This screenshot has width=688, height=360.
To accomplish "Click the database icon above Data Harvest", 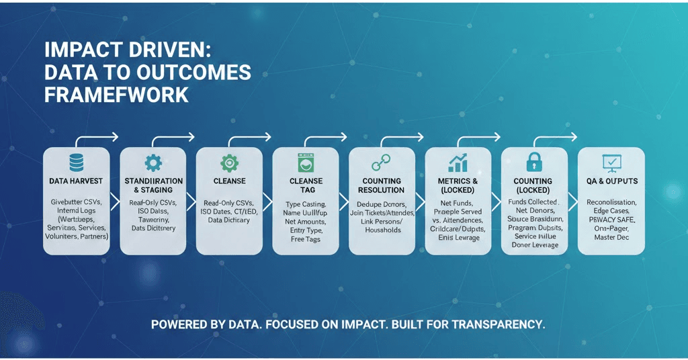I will (76, 162).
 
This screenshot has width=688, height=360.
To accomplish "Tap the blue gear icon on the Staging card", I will (153, 162).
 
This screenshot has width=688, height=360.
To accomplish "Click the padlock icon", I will (535, 162).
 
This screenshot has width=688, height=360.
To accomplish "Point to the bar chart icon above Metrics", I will (459, 163).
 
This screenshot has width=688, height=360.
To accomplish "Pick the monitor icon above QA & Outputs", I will (612, 163).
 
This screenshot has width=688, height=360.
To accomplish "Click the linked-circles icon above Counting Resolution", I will (382, 163).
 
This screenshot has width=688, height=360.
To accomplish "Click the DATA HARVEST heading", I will (76, 181).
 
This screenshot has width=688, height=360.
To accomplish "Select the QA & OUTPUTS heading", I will (612, 181).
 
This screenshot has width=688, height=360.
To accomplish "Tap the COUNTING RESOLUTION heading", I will (382, 185).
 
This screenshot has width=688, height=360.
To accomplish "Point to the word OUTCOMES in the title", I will (191, 73).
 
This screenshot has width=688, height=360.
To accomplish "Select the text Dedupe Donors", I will (382, 204).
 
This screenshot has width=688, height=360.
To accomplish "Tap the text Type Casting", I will (306, 204).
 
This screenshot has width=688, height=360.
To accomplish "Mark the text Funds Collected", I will (533, 201).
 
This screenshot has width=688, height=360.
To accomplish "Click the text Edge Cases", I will (611, 211).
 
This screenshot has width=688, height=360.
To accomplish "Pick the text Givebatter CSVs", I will (76, 202).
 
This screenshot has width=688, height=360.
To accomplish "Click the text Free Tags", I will (306, 239).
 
